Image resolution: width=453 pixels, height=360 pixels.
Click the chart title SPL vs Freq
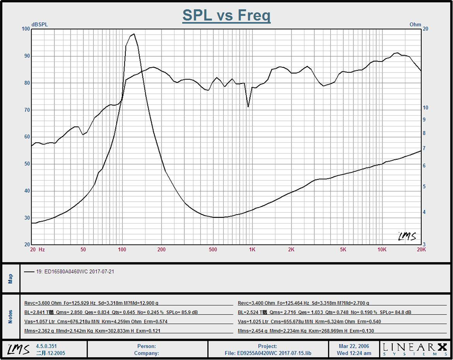[226, 16]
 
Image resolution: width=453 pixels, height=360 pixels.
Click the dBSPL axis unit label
[39, 25]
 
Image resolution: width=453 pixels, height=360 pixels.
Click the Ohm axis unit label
[415, 25]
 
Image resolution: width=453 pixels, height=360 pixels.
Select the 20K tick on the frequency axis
[421, 250]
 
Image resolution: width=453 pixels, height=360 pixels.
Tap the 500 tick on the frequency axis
[213, 250]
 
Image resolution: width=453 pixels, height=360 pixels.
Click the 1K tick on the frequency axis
[253, 250]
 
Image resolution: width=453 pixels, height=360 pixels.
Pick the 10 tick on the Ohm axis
[426, 108]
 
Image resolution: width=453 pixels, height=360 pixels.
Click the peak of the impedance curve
[133, 34]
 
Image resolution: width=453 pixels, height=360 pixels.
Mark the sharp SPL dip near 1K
[248, 107]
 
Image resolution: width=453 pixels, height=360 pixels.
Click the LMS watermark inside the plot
[407, 236]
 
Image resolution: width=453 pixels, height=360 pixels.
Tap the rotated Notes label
[11, 316]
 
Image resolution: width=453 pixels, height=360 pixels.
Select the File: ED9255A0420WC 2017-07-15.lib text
[267, 353]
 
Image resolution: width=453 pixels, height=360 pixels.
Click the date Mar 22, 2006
[354, 346]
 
